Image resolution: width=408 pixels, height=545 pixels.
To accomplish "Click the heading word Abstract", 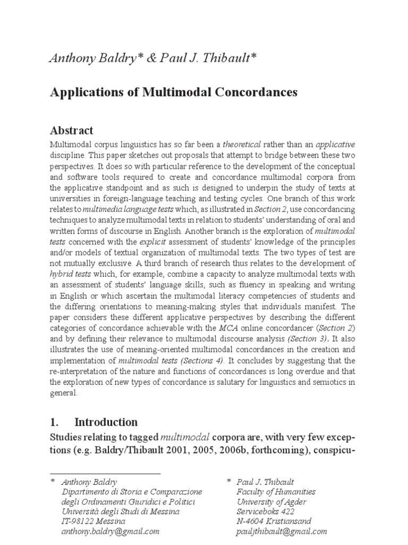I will (71, 130).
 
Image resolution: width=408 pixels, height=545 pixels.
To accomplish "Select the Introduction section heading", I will (106, 422).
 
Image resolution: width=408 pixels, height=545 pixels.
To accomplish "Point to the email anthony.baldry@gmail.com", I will (110, 531).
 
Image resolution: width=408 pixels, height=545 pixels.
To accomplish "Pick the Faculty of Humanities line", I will (276, 492).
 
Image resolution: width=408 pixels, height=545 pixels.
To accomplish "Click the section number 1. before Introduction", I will (54, 422).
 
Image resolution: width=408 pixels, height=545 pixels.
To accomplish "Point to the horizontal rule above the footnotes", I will (105, 473).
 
